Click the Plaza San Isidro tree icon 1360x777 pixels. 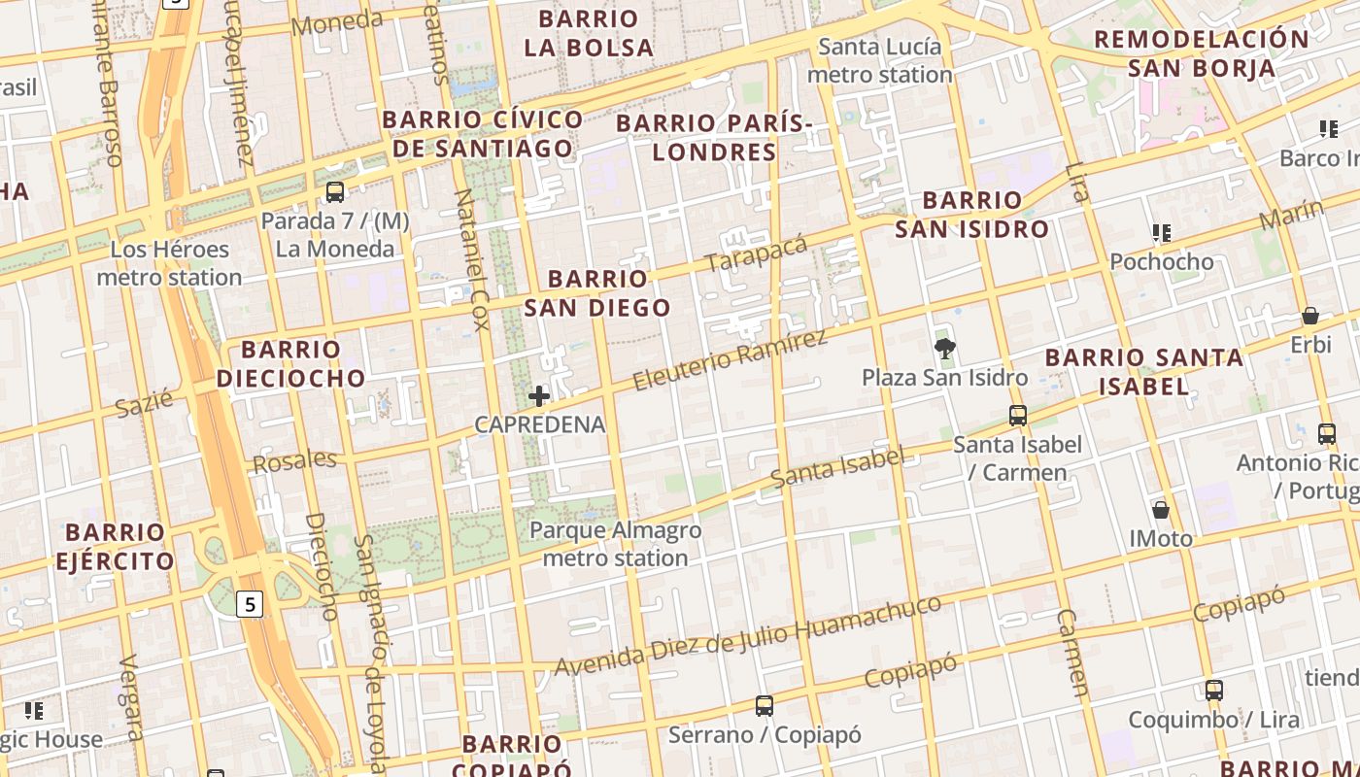tap(943, 349)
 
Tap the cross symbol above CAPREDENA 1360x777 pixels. tap(539, 395)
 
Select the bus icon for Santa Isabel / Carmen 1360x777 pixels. tap(1017, 416)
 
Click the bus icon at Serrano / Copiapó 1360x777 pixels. tap(765, 706)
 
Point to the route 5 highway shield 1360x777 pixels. tap(251, 604)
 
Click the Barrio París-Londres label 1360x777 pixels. tap(714, 138)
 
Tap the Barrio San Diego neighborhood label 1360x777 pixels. tap(597, 293)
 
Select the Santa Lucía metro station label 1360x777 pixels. tap(879, 60)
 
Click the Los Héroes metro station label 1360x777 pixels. tap(169, 263)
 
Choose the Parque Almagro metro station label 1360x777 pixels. tap(615, 544)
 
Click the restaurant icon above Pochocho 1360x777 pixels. tap(1161, 233)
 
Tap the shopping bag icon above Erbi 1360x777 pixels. tap(1310, 317)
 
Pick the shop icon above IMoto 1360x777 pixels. tap(1160, 510)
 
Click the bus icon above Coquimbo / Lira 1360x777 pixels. tap(1213, 691)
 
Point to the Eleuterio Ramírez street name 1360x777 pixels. tap(730, 358)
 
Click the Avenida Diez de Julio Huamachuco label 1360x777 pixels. tap(747, 637)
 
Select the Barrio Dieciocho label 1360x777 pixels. tap(290, 363)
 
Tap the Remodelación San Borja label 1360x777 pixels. tap(1202, 53)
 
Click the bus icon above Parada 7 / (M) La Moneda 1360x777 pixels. tap(335, 192)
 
